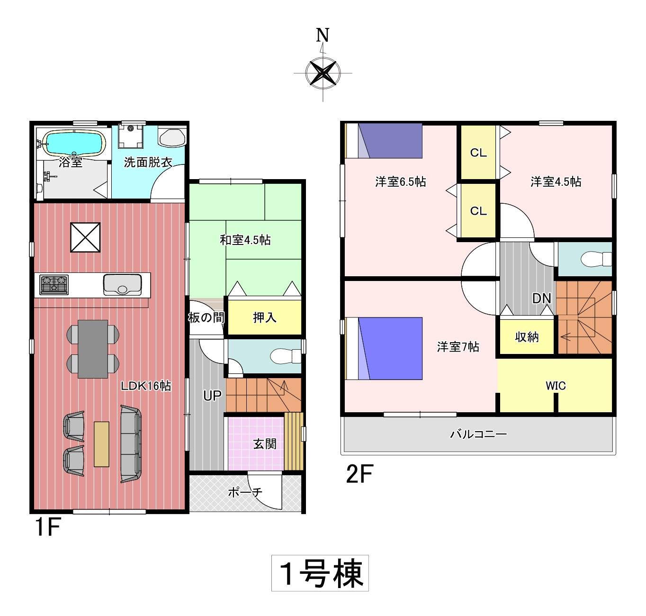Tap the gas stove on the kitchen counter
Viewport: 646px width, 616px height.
[x=54, y=284]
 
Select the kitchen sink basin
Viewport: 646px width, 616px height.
[x=122, y=284]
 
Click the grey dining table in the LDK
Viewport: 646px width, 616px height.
[x=93, y=349]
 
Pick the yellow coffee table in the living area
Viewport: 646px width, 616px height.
[x=101, y=444]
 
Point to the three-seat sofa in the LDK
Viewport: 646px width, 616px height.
[x=131, y=444]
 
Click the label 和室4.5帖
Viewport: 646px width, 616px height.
[x=245, y=240]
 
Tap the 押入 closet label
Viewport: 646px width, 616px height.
[x=265, y=317]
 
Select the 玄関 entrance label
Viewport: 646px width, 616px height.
[x=265, y=444]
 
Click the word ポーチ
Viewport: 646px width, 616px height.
[x=245, y=492]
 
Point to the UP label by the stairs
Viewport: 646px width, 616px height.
[x=212, y=396]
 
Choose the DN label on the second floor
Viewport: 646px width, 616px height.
[x=541, y=299]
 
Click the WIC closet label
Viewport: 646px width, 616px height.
[x=556, y=385]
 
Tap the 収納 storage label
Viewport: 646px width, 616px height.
[x=527, y=337]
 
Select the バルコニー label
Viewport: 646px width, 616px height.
[x=478, y=434]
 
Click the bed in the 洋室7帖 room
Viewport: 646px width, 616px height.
[x=384, y=348]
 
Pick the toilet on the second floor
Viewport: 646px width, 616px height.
[x=596, y=259]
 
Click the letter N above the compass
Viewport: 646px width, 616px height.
[x=323, y=35]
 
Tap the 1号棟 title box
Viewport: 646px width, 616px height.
[x=320, y=573]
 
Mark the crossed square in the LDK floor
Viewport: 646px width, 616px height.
[x=85, y=237]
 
